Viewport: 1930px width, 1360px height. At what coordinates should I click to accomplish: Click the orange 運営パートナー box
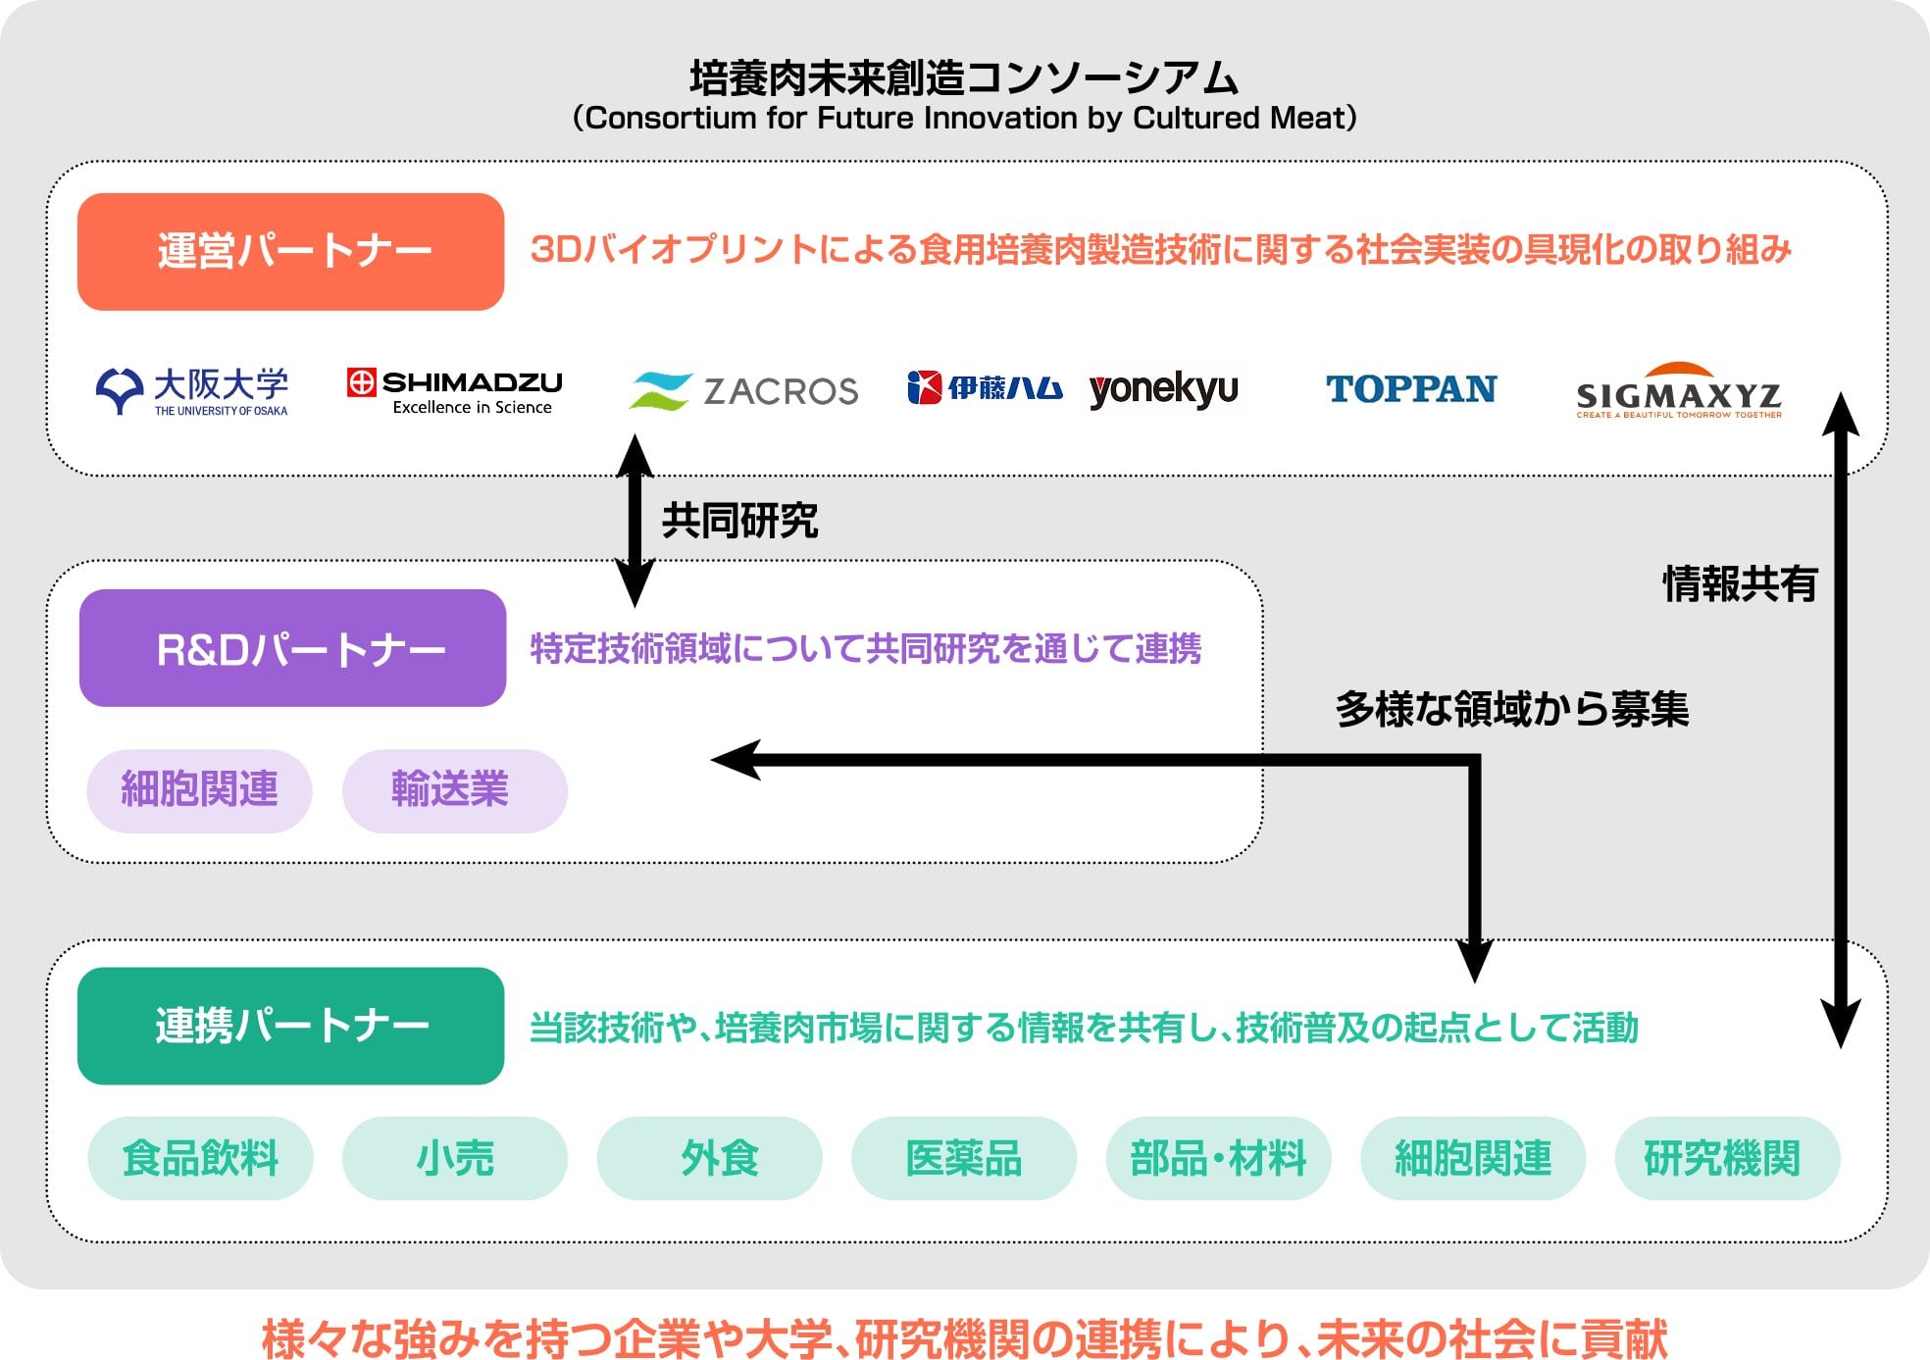pyautogui.click(x=290, y=252)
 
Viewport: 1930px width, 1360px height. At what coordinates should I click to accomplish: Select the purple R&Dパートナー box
pyautogui.click(x=292, y=648)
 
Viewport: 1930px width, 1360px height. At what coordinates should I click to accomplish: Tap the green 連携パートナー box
pyautogui.click(x=290, y=1026)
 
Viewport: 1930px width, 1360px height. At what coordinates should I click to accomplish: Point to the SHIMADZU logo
pyautogui.click(x=455, y=391)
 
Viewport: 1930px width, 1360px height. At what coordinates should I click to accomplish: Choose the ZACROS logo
pyautogui.click(x=743, y=391)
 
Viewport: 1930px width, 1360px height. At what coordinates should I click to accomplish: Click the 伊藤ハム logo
pyautogui.click(x=985, y=388)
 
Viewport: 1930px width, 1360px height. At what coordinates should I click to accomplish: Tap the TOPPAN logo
pyautogui.click(x=1411, y=389)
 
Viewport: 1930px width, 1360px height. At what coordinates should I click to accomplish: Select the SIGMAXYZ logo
pyautogui.click(x=1678, y=391)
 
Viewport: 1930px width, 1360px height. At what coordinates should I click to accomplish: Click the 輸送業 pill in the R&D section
pyautogui.click(x=454, y=790)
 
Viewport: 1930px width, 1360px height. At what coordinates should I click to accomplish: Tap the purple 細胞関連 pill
pyautogui.click(x=199, y=790)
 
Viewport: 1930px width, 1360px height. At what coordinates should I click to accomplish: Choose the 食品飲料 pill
pyautogui.click(x=200, y=1158)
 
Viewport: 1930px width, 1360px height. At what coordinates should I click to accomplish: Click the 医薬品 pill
pyautogui.click(x=963, y=1158)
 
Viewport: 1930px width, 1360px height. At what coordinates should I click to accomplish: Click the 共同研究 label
pyautogui.click(x=739, y=521)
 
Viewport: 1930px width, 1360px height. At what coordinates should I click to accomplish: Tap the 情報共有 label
pyautogui.click(x=1740, y=584)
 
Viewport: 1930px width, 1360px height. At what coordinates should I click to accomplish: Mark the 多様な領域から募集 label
pyautogui.click(x=1511, y=709)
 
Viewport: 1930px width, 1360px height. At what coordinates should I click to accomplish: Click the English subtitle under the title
pyautogui.click(x=964, y=119)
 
